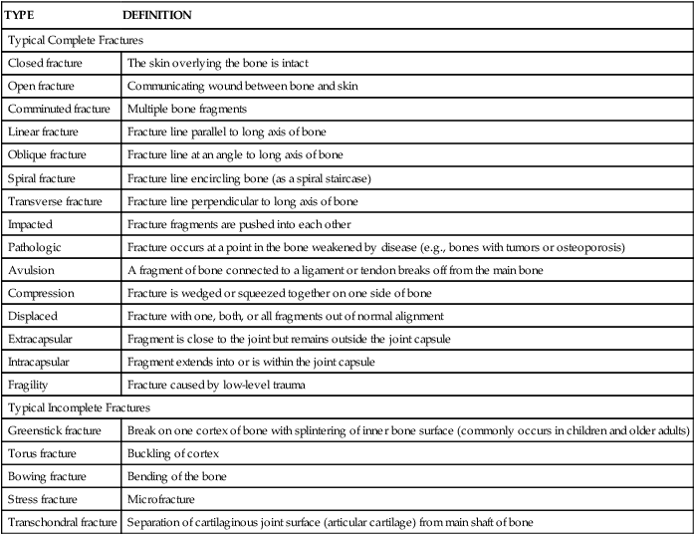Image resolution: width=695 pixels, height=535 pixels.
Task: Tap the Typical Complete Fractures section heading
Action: pyautogui.click(x=76, y=41)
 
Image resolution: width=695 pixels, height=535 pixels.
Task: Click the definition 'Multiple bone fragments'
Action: pyautogui.click(x=188, y=109)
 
